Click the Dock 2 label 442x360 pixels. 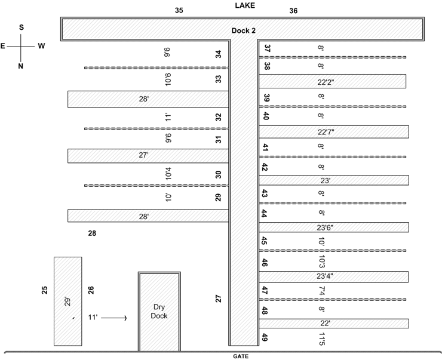point(244,30)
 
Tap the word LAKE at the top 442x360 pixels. point(245,5)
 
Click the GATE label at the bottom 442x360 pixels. point(241,356)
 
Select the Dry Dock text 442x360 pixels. point(159,311)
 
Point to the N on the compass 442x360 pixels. point(20,66)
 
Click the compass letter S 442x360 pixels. point(22,27)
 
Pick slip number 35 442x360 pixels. point(179,10)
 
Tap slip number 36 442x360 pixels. point(293,11)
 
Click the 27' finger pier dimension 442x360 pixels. point(143,155)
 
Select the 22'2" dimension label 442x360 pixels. point(326,82)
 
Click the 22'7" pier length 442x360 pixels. point(326,132)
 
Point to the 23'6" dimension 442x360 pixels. point(325,227)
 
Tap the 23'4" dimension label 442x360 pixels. point(325,276)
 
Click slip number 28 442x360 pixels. point(92,233)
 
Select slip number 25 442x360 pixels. point(45,290)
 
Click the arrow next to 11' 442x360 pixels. point(114,318)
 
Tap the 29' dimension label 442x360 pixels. point(67,301)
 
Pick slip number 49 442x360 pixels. point(265,337)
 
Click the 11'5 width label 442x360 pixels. point(322,339)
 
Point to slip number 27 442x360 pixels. point(219,299)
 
